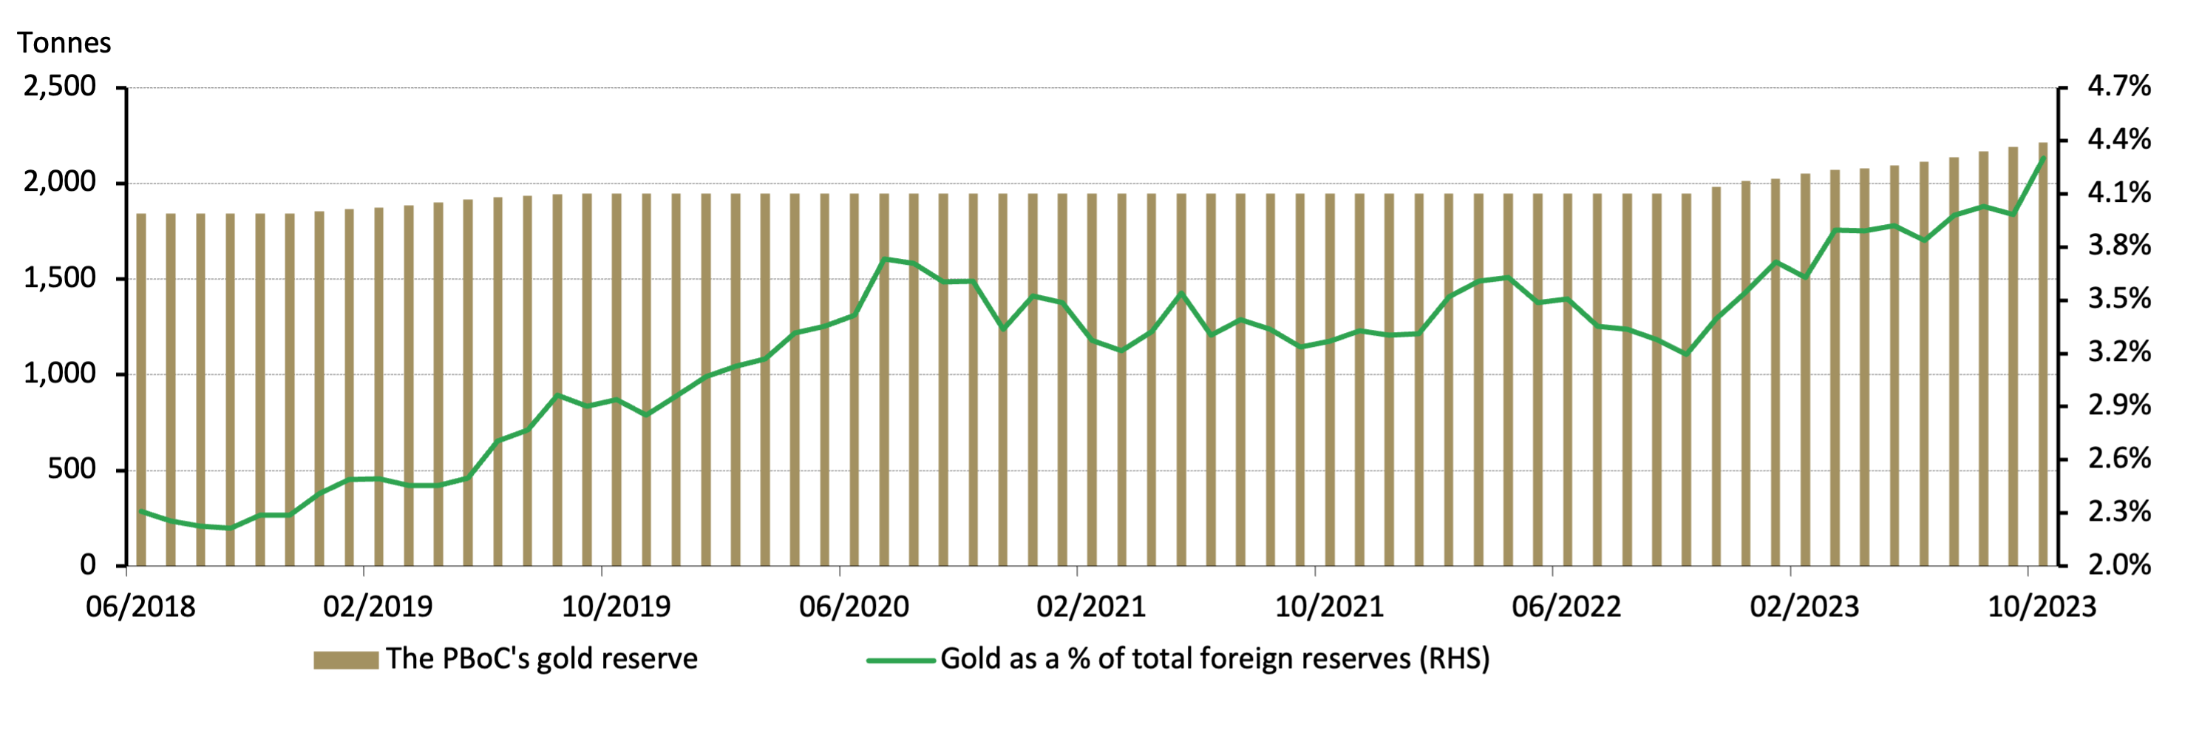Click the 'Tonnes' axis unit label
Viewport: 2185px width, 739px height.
pos(64,42)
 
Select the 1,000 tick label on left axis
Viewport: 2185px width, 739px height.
pos(59,374)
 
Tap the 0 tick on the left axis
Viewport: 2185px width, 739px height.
pos(87,565)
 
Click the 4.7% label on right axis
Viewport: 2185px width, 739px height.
pos(2118,87)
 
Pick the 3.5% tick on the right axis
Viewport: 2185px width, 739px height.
pos(2118,299)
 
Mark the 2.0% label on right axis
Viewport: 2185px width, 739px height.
pos(2118,565)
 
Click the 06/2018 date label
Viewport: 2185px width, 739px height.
pos(140,607)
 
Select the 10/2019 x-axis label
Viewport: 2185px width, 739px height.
pos(616,607)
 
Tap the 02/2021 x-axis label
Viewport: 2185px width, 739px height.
pos(1091,607)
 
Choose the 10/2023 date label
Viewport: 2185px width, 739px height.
pos(2042,607)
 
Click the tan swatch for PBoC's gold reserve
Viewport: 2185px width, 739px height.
pos(345,660)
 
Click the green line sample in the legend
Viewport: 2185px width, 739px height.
pos(900,660)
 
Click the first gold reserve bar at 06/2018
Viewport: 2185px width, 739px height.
pos(140,391)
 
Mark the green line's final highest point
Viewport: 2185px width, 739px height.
pos(2042,158)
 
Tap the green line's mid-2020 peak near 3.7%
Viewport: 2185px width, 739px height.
pos(884,259)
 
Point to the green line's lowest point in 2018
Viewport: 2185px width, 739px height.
pos(230,527)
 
